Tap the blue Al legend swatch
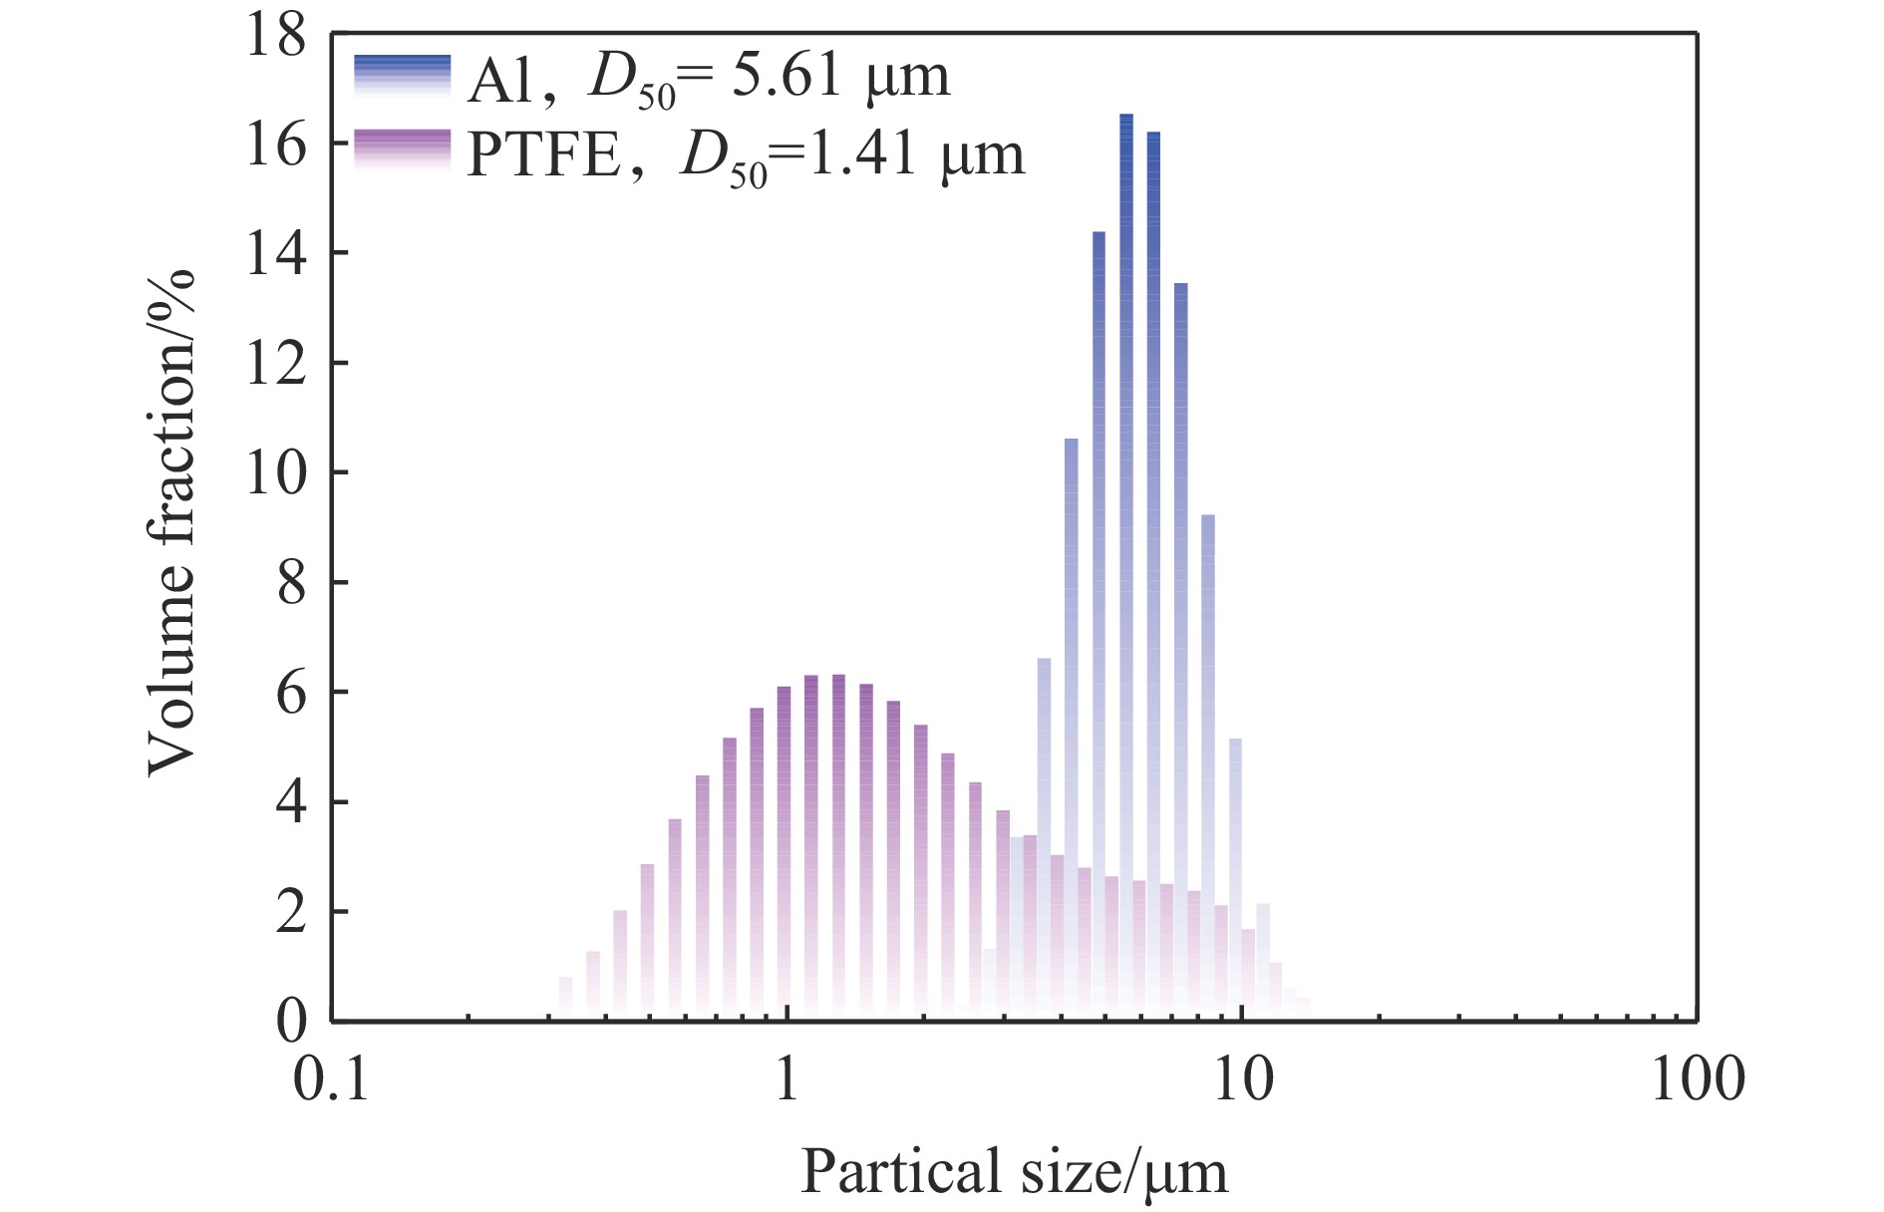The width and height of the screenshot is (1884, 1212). pos(402,76)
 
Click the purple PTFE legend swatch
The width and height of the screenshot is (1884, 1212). pos(402,152)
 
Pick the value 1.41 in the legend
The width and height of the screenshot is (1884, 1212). pos(861,153)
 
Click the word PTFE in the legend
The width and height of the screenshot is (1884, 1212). pos(544,155)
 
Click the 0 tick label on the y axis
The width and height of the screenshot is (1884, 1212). pos(291,1022)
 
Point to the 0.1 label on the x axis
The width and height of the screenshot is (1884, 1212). pos(331,1079)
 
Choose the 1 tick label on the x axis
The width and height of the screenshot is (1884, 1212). pos(786,1079)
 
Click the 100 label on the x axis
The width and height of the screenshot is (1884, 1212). pos(1697,1079)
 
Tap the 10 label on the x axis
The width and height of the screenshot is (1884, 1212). pos(1242,1079)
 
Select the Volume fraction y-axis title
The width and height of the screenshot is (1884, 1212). pos(171,523)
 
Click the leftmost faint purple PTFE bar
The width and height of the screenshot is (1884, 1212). pos(566,999)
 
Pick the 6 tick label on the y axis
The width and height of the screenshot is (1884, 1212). pos(291,693)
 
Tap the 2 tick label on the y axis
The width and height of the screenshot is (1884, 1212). pos(291,912)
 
